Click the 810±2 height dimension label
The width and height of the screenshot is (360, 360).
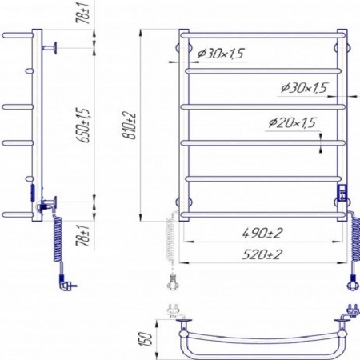(x=130, y=126)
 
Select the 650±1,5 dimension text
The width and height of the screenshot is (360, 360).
(x=82, y=126)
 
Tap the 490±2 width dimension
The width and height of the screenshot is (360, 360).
(x=262, y=233)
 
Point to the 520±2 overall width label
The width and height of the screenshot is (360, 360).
(x=262, y=254)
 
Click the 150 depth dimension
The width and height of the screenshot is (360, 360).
(x=146, y=339)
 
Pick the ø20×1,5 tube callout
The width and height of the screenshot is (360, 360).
(x=292, y=123)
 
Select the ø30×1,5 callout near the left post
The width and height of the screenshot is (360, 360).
(x=221, y=54)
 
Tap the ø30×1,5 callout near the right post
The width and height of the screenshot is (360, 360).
(x=304, y=88)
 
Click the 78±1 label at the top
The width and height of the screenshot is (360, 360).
(x=82, y=14)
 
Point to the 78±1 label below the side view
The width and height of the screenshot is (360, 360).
(x=82, y=235)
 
